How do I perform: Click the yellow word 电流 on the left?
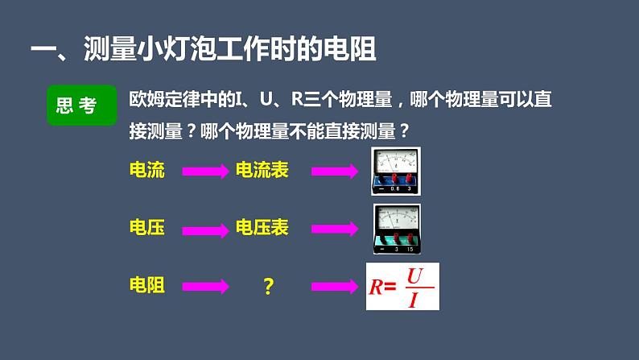[146, 170]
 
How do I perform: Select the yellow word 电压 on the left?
[146, 228]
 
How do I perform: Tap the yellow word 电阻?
[146, 285]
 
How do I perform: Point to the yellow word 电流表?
[262, 170]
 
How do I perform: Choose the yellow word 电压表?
[262, 228]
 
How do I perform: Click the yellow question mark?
[269, 286]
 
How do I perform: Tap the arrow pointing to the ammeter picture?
[334, 171]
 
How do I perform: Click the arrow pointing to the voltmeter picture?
[334, 229]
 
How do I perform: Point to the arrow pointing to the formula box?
[334, 286]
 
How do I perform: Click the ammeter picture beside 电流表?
[396, 170]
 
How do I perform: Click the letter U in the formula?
[414, 276]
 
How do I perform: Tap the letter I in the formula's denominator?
[414, 300]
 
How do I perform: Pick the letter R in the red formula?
[375, 287]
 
